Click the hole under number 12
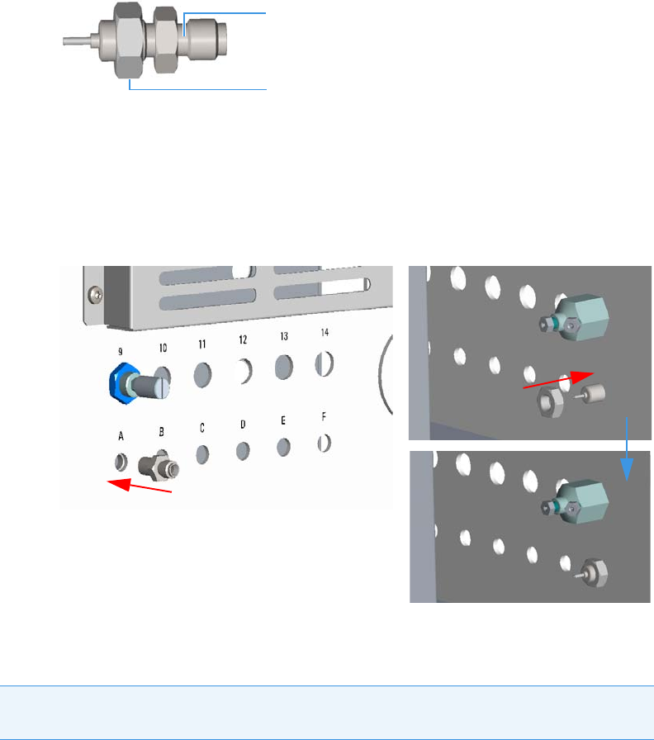[x=243, y=372]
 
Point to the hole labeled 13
[x=283, y=367]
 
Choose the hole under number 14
[x=324, y=363]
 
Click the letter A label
[x=121, y=434]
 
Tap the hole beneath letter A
[x=121, y=458]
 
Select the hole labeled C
[x=201, y=453]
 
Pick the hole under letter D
[x=243, y=450]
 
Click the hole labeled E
[x=283, y=446]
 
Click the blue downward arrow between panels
[x=628, y=450]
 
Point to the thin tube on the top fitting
[x=78, y=39]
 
